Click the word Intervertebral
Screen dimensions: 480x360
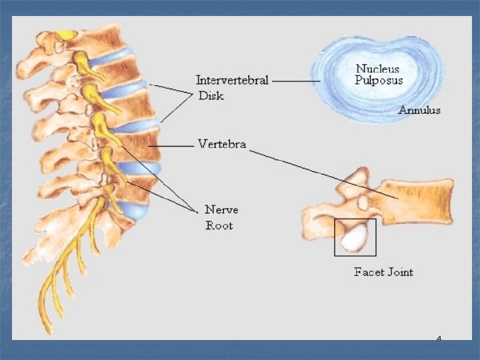(232, 81)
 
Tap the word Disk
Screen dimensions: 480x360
(211, 96)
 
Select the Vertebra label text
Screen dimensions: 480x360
(221, 144)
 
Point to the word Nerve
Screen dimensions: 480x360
(221, 210)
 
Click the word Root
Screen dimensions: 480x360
(219, 225)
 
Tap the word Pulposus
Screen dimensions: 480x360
(379, 80)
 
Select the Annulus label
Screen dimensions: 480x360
(419, 111)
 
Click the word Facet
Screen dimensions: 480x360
(367, 272)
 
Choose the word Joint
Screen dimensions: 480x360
(399, 272)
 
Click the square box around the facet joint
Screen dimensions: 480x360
(335, 237)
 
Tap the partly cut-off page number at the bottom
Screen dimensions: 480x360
(439, 339)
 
